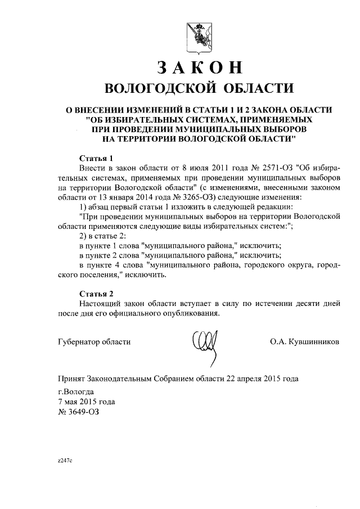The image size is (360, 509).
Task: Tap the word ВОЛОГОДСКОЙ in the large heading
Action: (158, 88)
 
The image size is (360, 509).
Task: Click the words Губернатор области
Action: (94, 342)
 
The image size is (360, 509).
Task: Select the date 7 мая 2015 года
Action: (87, 402)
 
